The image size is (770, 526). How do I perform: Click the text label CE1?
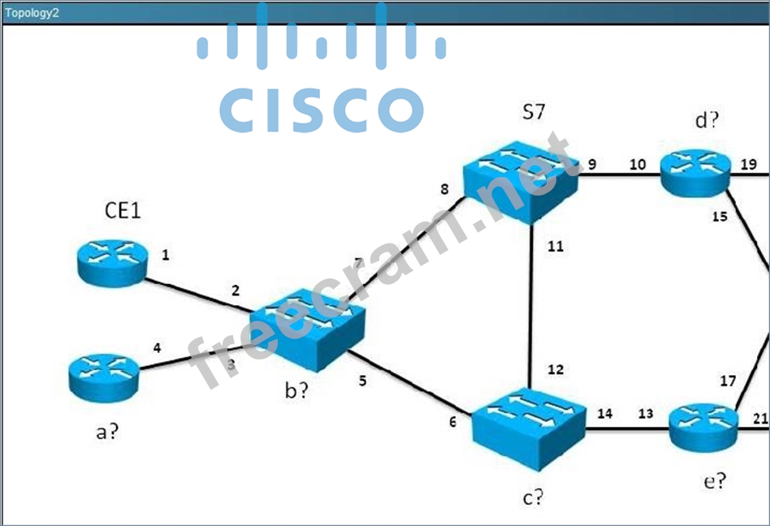123,211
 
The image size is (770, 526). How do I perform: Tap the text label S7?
533,112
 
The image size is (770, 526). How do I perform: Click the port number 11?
555,247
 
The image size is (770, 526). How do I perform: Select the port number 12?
555,370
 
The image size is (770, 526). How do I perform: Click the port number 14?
604,414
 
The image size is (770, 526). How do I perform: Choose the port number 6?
452,421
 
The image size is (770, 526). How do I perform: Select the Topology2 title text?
32,12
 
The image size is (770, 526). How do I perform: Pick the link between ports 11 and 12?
530,308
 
